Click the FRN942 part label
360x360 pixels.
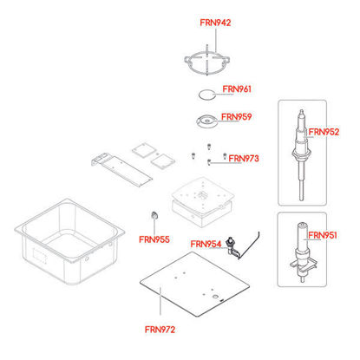pos(215,23)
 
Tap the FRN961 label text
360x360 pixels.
pos(237,89)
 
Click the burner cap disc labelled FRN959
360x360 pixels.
pos(207,121)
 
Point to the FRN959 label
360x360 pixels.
pos(237,117)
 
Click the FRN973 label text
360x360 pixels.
pos(244,159)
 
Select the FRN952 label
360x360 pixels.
pos(324,132)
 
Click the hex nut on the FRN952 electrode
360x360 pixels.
pos(301,153)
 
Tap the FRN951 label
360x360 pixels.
pos(323,235)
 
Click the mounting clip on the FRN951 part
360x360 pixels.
pos(303,265)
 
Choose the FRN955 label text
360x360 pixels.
pos(154,239)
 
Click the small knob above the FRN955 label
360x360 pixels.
pos(155,215)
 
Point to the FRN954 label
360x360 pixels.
pos(206,245)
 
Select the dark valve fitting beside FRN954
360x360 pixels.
pos(233,247)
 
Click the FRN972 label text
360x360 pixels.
pos(160,330)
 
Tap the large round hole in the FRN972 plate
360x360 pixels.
pos(215,297)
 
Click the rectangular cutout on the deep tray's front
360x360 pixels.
pos(39,255)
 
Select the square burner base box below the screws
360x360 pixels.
pos(202,202)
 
